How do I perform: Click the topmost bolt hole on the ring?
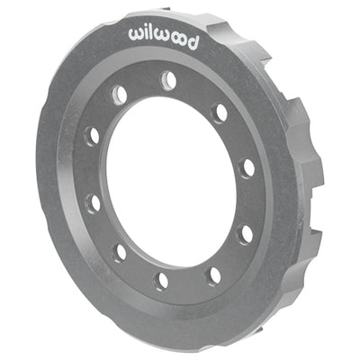point(168,80)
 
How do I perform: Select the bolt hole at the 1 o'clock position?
point(219,112)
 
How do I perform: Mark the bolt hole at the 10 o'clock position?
point(91,136)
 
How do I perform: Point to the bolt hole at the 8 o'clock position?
point(93,202)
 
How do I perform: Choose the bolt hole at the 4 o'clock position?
point(244,232)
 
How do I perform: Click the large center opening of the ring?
point(166,180)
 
